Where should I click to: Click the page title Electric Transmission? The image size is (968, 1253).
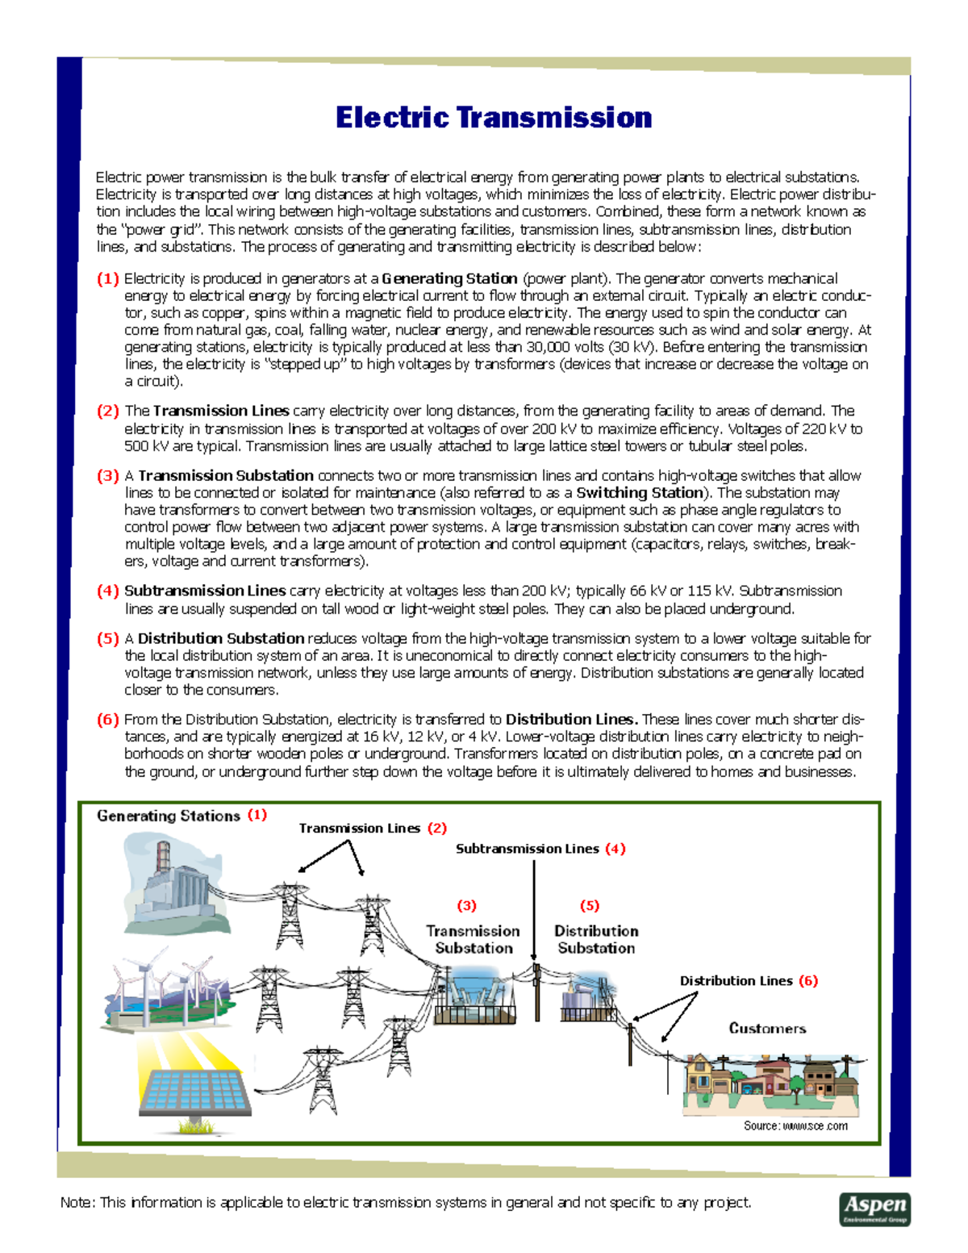(x=493, y=118)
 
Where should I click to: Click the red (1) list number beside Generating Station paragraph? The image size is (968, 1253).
(x=108, y=279)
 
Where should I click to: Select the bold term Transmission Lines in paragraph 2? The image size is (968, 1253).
(x=220, y=411)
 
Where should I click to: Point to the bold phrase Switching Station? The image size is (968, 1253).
(x=639, y=493)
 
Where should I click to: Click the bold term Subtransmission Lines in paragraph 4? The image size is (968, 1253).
(x=205, y=591)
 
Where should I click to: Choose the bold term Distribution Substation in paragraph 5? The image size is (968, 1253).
(x=221, y=638)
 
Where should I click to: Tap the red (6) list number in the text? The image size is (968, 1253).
(x=108, y=720)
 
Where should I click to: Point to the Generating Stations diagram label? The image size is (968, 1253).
(x=169, y=816)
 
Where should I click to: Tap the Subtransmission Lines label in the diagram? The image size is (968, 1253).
(x=527, y=849)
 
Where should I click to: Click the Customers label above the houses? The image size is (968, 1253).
(x=767, y=1029)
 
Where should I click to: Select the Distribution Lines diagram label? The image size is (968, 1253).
(x=736, y=981)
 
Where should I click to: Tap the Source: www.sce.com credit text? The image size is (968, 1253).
(x=795, y=1126)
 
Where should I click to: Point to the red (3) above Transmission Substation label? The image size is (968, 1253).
(x=466, y=906)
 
